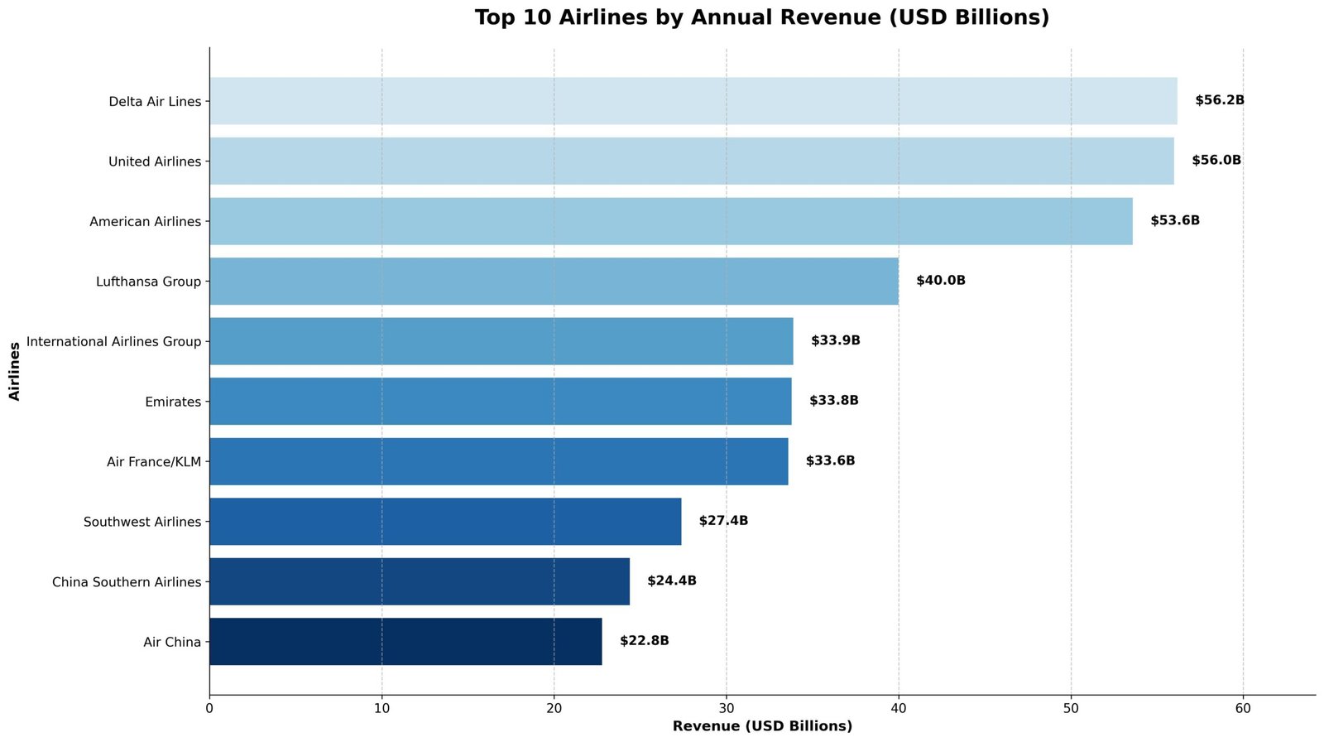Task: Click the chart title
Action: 761,17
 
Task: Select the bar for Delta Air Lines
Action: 693,101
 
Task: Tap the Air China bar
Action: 405,641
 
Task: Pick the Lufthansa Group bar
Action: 554,281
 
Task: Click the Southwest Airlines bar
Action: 445,521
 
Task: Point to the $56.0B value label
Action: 1216,161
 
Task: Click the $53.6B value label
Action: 1174,221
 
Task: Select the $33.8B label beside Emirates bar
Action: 833,401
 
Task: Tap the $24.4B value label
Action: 671,581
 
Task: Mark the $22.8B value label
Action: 644,641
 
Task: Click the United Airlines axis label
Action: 155,161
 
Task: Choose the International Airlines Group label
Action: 113,341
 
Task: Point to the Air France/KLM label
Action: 154,461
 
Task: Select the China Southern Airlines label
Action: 127,582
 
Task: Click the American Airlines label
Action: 145,222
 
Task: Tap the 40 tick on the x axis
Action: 899,709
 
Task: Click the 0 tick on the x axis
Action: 209,709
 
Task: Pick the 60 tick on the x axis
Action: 1243,709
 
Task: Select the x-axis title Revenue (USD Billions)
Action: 761,726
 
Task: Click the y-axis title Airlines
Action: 14,371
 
